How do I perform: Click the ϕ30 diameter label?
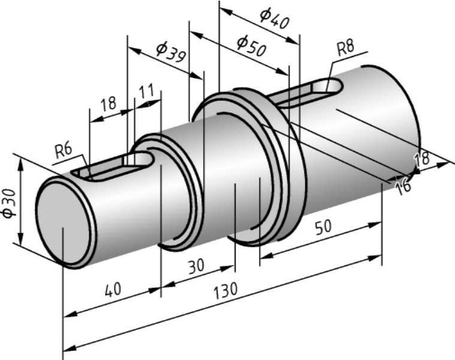click(x=9, y=203)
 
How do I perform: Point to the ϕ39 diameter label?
click(x=171, y=52)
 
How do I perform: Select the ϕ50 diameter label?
click(x=251, y=46)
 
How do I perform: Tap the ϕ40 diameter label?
click(x=275, y=19)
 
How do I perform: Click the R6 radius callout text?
click(x=64, y=151)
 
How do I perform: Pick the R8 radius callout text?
click(x=346, y=48)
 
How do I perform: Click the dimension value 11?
click(x=146, y=92)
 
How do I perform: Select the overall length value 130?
click(x=225, y=290)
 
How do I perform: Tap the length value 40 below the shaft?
click(x=113, y=289)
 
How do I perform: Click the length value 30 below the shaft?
click(x=197, y=266)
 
